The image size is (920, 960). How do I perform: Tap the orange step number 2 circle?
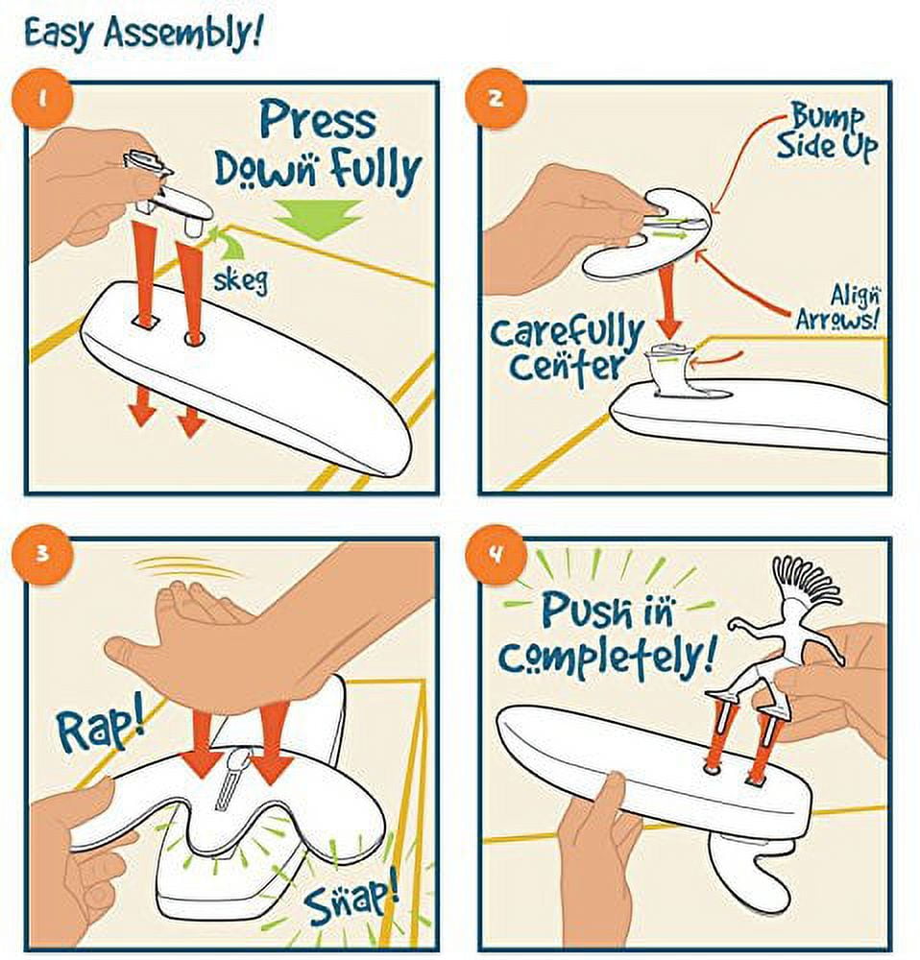[496, 99]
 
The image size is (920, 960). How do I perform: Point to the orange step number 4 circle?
[496, 555]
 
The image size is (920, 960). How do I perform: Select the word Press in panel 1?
[317, 120]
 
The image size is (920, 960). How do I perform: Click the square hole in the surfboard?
[145, 321]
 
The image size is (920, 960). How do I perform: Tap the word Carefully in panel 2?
[567, 334]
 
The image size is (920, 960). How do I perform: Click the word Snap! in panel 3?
[351, 900]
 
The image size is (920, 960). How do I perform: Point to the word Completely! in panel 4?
[606, 656]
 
